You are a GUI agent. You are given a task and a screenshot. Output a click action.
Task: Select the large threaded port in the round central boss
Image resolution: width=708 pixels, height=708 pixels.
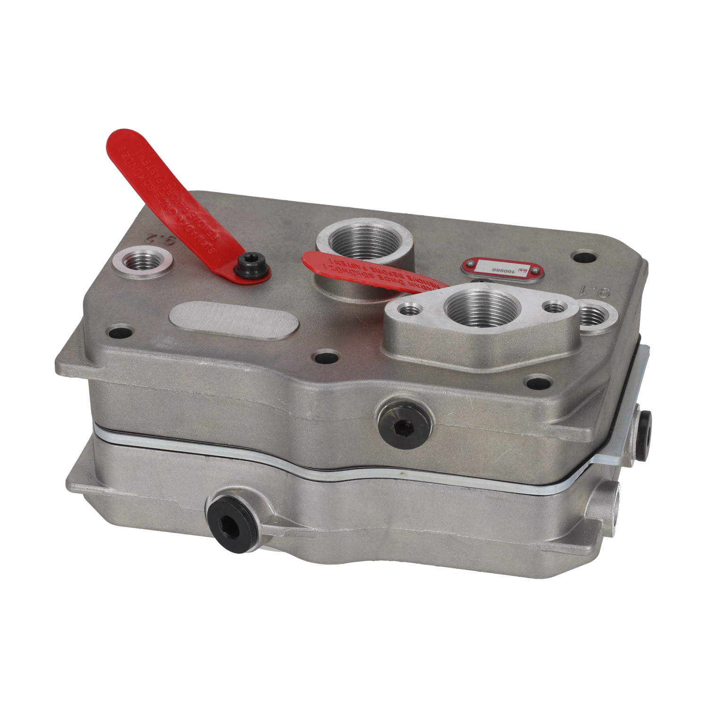(x=364, y=241)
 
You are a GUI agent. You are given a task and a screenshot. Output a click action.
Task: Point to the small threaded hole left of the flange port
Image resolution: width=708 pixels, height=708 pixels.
(x=408, y=311)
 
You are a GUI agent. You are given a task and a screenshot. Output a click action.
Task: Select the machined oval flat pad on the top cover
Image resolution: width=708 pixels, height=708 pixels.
(x=234, y=320)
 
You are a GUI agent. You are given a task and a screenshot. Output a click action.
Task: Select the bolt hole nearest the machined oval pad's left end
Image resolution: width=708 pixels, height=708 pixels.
(x=120, y=332)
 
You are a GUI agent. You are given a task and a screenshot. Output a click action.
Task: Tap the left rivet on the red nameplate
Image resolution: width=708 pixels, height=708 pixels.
(x=470, y=267)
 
